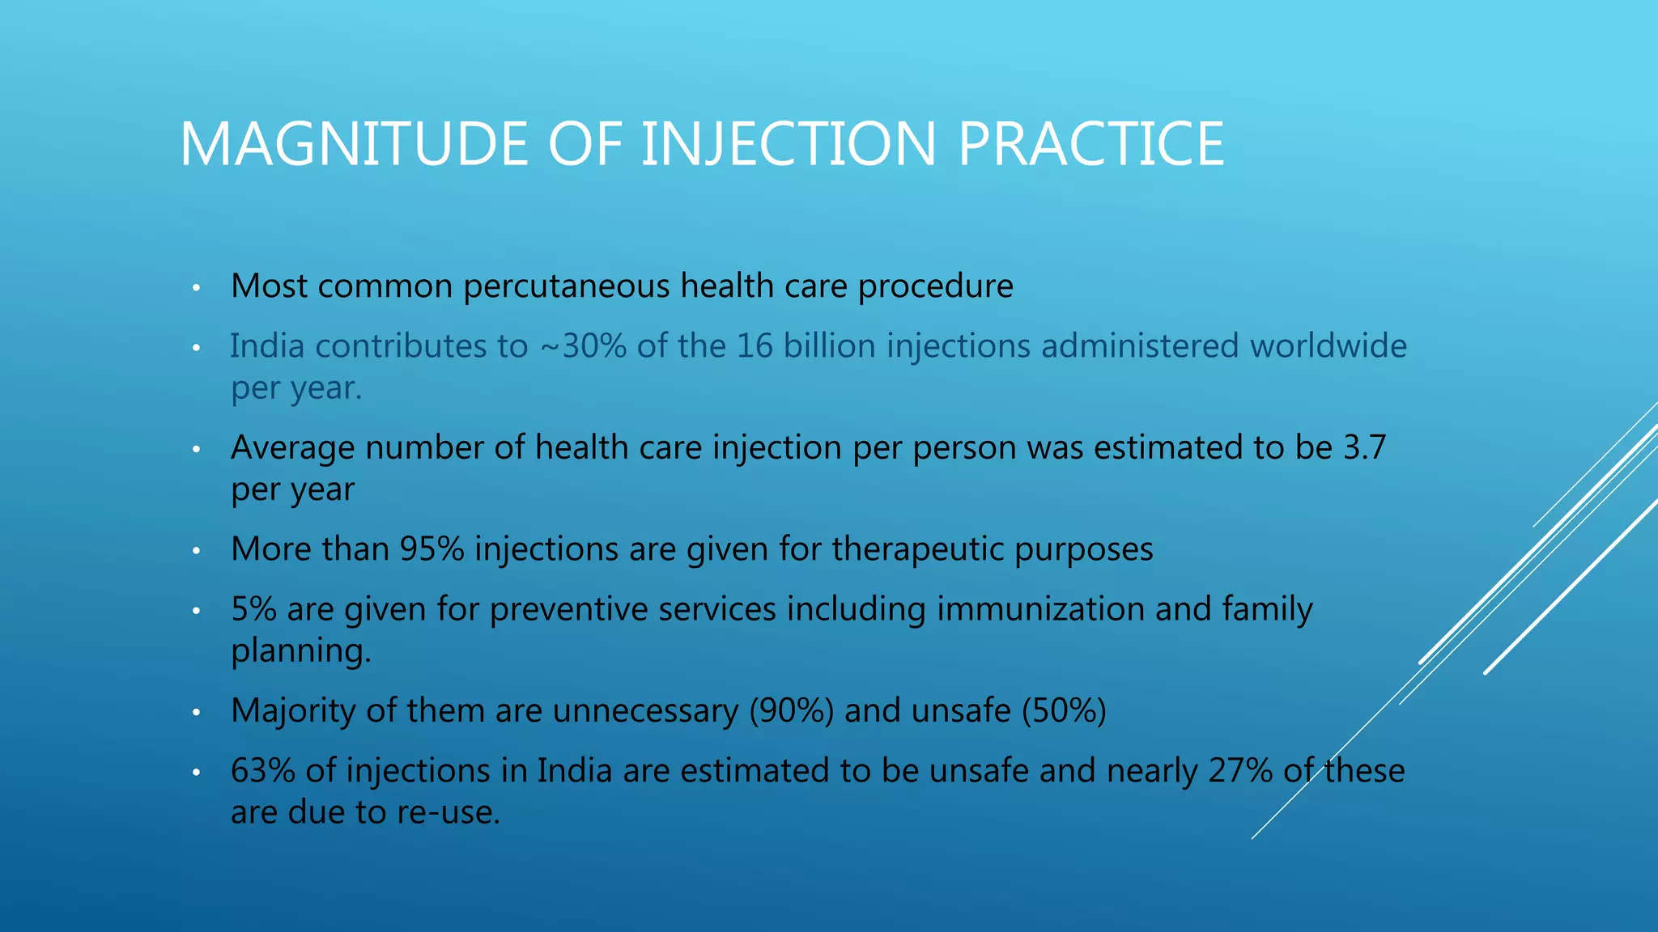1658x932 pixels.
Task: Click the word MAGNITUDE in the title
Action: [x=354, y=145]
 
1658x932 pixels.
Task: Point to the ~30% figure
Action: [x=582, y=346]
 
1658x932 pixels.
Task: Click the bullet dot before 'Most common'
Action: [x=196, y=288]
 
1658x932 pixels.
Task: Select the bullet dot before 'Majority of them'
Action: [x=196, y=713]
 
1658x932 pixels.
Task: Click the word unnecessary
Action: [x=645, y=711]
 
